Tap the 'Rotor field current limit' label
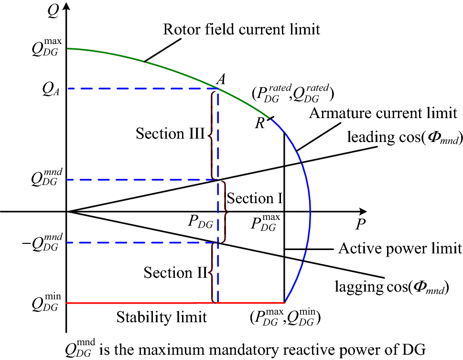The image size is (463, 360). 241,29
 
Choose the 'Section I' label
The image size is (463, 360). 256,198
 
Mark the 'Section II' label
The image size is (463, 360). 175,273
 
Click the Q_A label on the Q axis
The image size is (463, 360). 48,89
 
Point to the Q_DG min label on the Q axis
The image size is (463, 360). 46,304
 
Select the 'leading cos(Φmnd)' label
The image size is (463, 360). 405,139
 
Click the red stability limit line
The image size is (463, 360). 143,303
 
